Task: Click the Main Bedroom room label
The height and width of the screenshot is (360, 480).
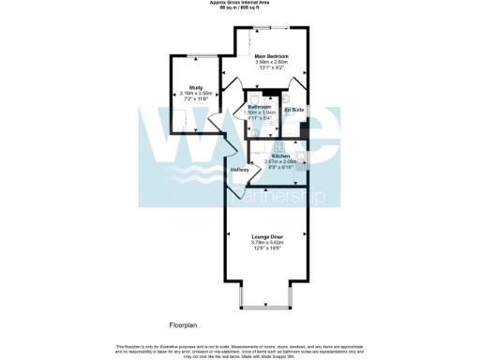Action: [272, 56]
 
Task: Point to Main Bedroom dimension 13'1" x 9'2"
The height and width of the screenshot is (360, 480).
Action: [272, 67]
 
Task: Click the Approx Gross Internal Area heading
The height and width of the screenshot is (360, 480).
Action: [240, 4]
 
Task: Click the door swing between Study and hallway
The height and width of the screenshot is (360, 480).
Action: [215, 122]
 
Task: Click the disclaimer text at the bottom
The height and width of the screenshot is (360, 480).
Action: [240, 350]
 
